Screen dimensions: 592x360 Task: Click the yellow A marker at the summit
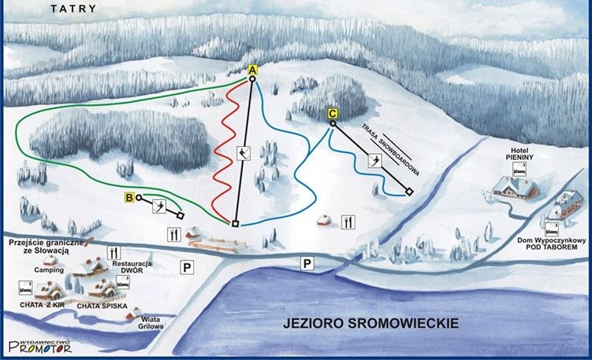252,70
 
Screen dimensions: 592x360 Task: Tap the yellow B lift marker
129,198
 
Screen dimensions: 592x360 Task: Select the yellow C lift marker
332,114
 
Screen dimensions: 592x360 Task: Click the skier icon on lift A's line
244,152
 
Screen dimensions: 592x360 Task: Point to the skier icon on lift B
160,205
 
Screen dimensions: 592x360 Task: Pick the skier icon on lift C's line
375,161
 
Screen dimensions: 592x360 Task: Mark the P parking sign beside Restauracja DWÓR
185,267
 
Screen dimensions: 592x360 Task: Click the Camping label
48,270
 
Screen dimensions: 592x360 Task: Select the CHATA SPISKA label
101,306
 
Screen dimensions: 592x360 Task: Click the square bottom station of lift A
234,224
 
